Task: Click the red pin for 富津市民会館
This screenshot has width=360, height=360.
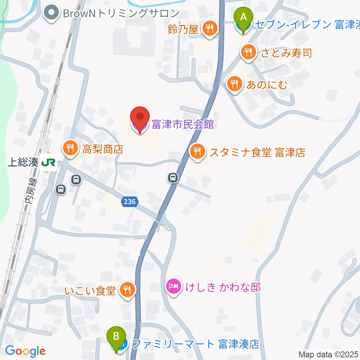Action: point(139,118)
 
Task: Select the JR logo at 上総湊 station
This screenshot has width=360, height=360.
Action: point(49,162)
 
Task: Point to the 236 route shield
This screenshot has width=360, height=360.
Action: point(128,202)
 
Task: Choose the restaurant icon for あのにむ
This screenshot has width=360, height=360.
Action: point(235,84)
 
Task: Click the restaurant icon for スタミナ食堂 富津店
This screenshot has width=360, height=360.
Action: point(197,152)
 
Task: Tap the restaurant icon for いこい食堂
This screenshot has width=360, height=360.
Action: point(127,289)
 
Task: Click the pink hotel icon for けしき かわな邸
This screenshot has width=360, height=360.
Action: point(174,287)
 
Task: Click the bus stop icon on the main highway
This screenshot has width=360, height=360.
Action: point(173,177)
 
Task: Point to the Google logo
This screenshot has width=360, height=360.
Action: point(25,351)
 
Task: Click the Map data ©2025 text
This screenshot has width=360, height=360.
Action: point(328,354)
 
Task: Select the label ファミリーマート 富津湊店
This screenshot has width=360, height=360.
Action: point(196,344)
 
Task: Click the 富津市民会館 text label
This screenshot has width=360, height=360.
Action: point(183,124)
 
